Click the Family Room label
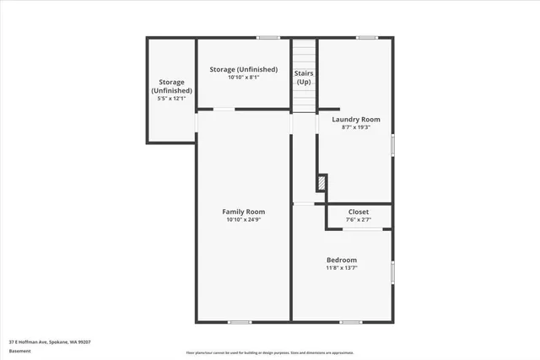click(x=243, y=211)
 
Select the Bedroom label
click(x=342, y=260)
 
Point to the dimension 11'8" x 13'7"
click(x=342, y=268)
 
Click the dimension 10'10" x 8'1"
click(x=243, y=78)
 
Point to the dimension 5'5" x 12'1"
click(x=171, y=99)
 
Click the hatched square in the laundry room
click(x=321, y=182)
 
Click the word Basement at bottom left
click(x=20, y=350)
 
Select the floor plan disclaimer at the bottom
click(x=270, y=353)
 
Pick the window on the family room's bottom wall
click(x=240, y=321)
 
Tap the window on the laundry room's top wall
click(x=366, y=37)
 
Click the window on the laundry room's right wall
click(x=392, y=144)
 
